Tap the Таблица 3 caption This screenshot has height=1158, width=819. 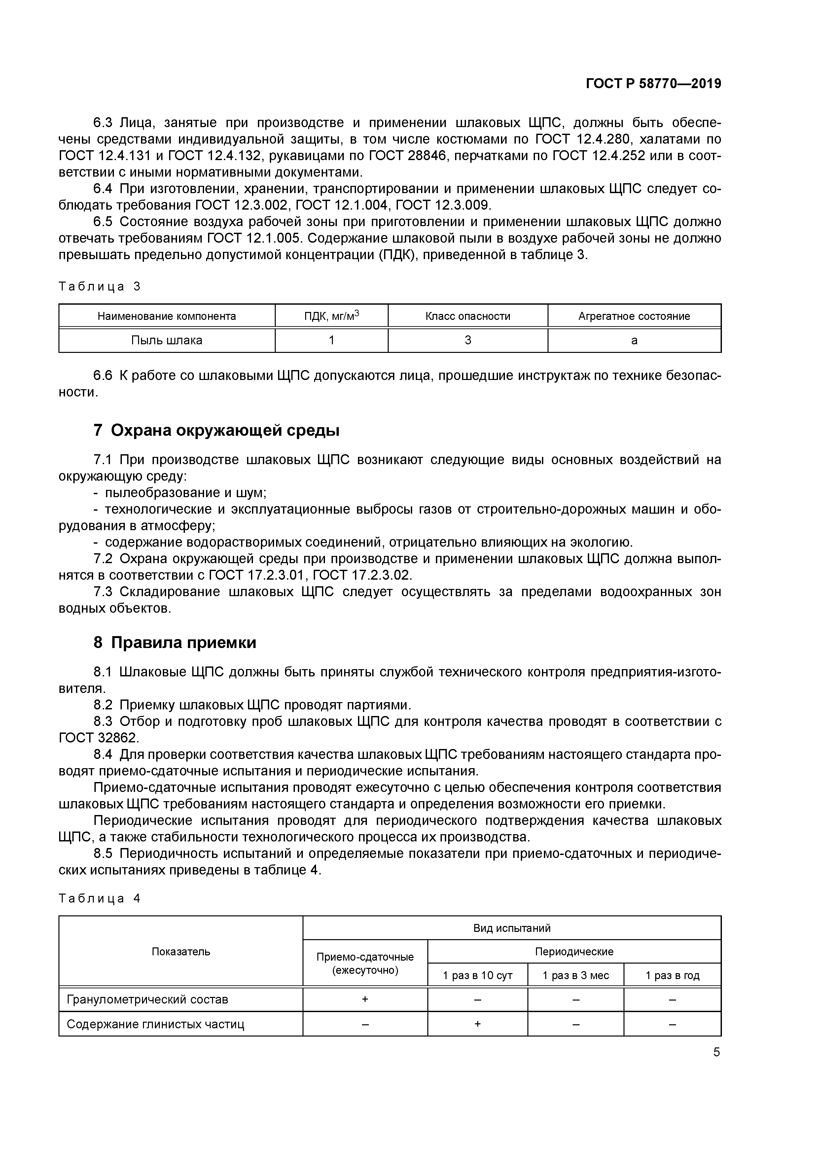click(99, 287)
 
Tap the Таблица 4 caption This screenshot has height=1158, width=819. click(99, 898)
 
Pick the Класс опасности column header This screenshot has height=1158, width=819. click(467, 316)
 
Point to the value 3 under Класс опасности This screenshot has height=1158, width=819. click(467, 340)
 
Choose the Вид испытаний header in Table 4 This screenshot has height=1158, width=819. click(511, 928)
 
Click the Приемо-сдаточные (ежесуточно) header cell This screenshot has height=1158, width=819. click(365, 963)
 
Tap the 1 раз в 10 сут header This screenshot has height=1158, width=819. click(478, 975)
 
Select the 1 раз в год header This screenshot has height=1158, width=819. click(672, 975)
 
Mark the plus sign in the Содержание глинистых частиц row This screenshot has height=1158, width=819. click(478, 1024)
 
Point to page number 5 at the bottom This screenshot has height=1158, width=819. click(716, 1052)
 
